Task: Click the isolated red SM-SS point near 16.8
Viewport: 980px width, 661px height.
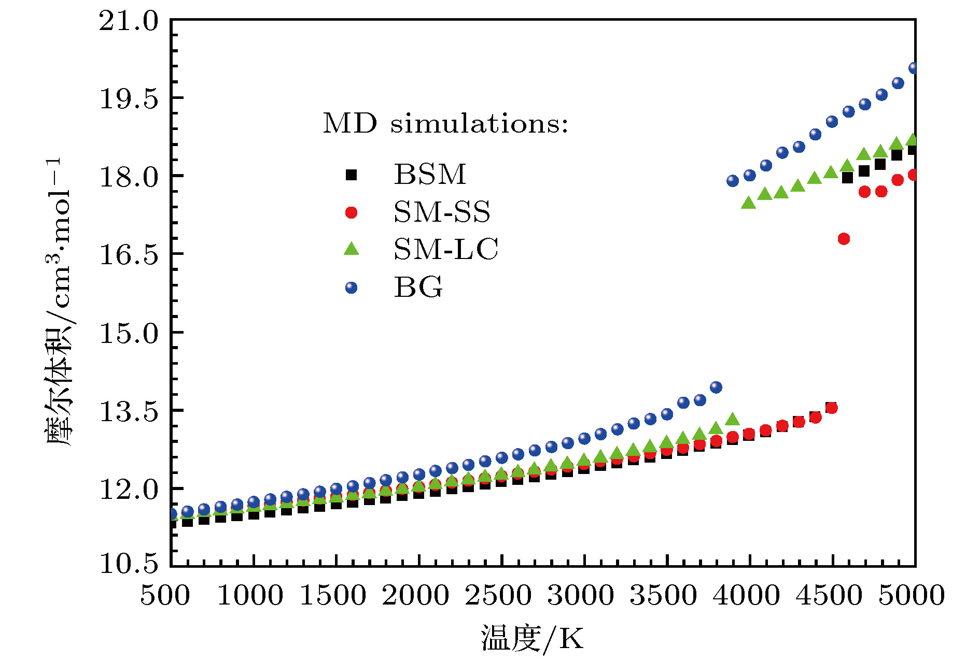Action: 844,239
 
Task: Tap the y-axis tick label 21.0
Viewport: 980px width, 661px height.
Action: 129,22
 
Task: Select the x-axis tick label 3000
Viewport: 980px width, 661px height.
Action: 581,596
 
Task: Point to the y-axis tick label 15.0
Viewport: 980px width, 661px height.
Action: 129,334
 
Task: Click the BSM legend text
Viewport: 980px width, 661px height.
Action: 430,174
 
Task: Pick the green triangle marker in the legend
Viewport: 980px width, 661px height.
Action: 352,249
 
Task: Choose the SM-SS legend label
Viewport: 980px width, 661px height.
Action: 442,212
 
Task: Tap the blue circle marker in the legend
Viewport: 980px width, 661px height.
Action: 352,288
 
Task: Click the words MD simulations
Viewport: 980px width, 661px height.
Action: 445,124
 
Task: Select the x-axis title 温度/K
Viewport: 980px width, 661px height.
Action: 533,638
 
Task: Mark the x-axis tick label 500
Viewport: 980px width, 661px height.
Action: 165,596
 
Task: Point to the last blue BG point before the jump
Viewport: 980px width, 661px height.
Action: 716,387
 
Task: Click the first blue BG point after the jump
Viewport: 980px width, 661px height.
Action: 733,181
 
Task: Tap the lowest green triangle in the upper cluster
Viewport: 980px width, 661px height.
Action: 748,203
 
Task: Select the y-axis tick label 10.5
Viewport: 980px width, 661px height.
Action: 129,564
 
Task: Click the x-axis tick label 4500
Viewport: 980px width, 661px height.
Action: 829,596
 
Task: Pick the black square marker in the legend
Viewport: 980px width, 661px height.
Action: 352,175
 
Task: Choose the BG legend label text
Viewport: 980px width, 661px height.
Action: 418,288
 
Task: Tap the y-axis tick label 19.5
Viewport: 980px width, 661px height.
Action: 129,99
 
